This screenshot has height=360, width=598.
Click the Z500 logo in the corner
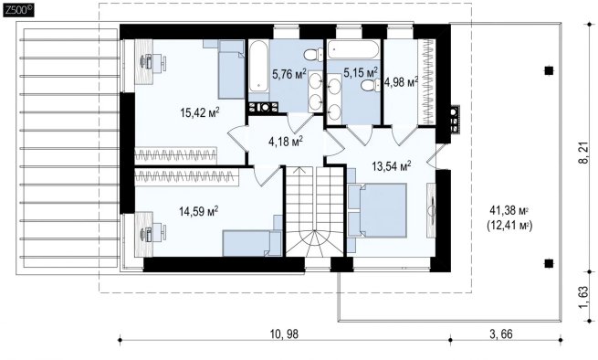click(18, 11)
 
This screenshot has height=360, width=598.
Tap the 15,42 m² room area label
click(200, 112)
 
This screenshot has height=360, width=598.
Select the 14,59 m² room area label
click(198, 211)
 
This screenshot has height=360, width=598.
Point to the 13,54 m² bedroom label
click(392, 165)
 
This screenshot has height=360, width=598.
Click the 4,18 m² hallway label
click(286, 142)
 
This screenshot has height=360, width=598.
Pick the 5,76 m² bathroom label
click(289, 73)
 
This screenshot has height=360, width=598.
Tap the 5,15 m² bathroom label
click(361, 72)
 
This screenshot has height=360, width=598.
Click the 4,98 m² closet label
click(401, 81)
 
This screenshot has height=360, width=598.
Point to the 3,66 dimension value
click(501, 334)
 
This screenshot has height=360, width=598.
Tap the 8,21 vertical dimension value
click(583, 154)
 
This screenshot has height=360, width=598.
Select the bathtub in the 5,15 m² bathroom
click(353, 49)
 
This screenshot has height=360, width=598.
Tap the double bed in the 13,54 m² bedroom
click(377, 210)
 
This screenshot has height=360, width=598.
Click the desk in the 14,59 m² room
click(144, 234)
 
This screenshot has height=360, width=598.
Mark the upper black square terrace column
click(549, 70)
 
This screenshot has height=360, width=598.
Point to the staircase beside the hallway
click(315, 211)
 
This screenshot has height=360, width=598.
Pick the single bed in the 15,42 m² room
click(231, 69)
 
